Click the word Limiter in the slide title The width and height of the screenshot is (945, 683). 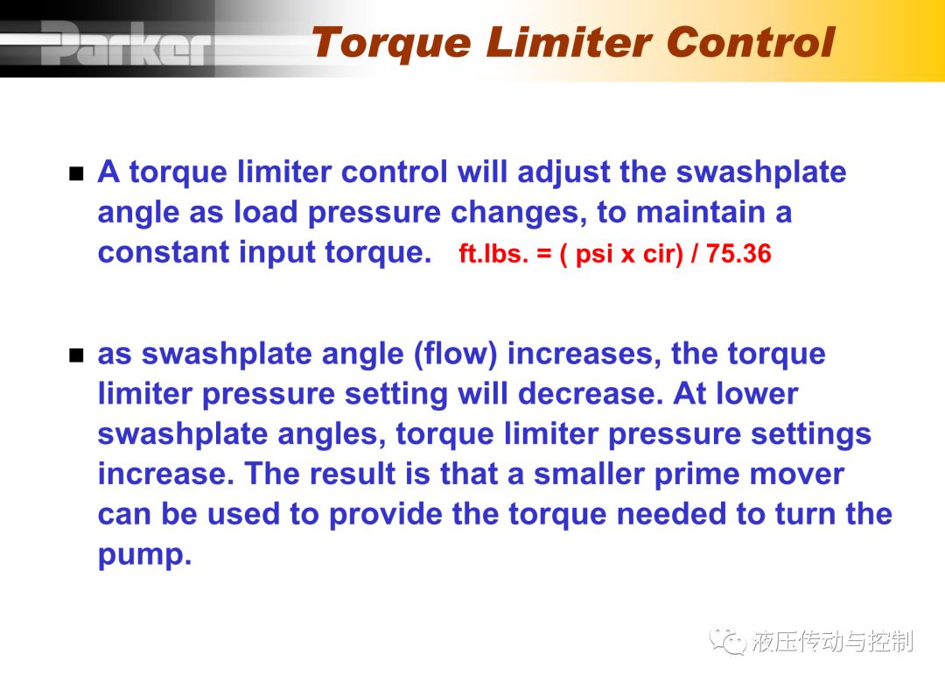(x=569, y=43)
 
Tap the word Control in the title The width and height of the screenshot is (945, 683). (x=751, y=43)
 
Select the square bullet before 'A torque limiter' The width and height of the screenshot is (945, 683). (x=76, y=174)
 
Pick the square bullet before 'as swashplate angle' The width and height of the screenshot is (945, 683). (x=76, y=356)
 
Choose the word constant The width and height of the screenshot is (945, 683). (x=164, y=252)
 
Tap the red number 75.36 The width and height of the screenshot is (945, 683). (x=738, y=253)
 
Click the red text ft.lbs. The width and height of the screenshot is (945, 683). (x=493, y=253)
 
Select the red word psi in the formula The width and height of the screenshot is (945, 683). (x=594, y=255)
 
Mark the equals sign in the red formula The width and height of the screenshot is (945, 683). (x=544, y=254)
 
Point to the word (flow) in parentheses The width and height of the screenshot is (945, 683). (x=456, y=354)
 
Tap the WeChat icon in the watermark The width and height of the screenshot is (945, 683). (x=728, y=640)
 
